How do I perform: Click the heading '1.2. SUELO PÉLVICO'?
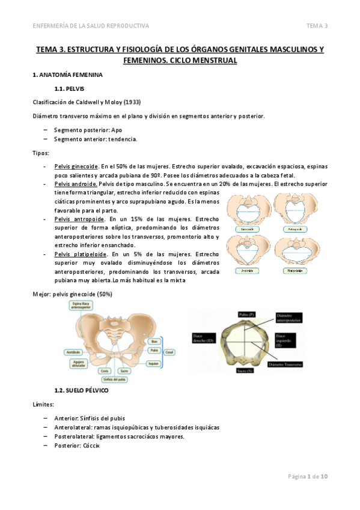(81, 390)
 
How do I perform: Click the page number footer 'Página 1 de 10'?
(307, 477)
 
